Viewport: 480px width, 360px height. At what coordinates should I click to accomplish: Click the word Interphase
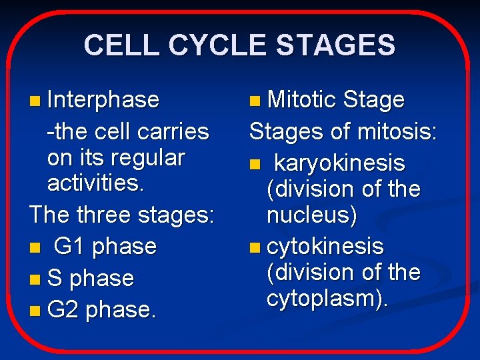click(103, 100)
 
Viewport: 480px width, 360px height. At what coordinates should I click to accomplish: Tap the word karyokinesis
click(339, 163)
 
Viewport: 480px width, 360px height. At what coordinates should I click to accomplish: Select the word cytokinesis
click(325, 246)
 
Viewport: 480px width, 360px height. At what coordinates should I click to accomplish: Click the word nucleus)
click(312, 215)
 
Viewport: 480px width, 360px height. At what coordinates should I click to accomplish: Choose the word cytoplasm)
click(327, 299)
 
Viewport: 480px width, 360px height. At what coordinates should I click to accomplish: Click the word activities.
click(95, 183)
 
